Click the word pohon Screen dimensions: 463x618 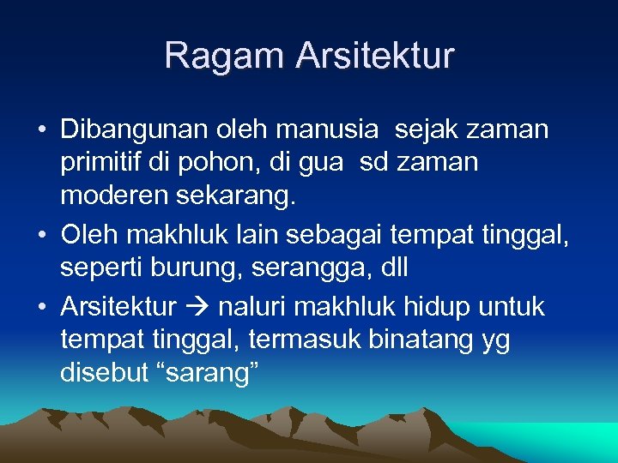coord(227,163)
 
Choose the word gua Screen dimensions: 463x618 coord(327,163)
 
